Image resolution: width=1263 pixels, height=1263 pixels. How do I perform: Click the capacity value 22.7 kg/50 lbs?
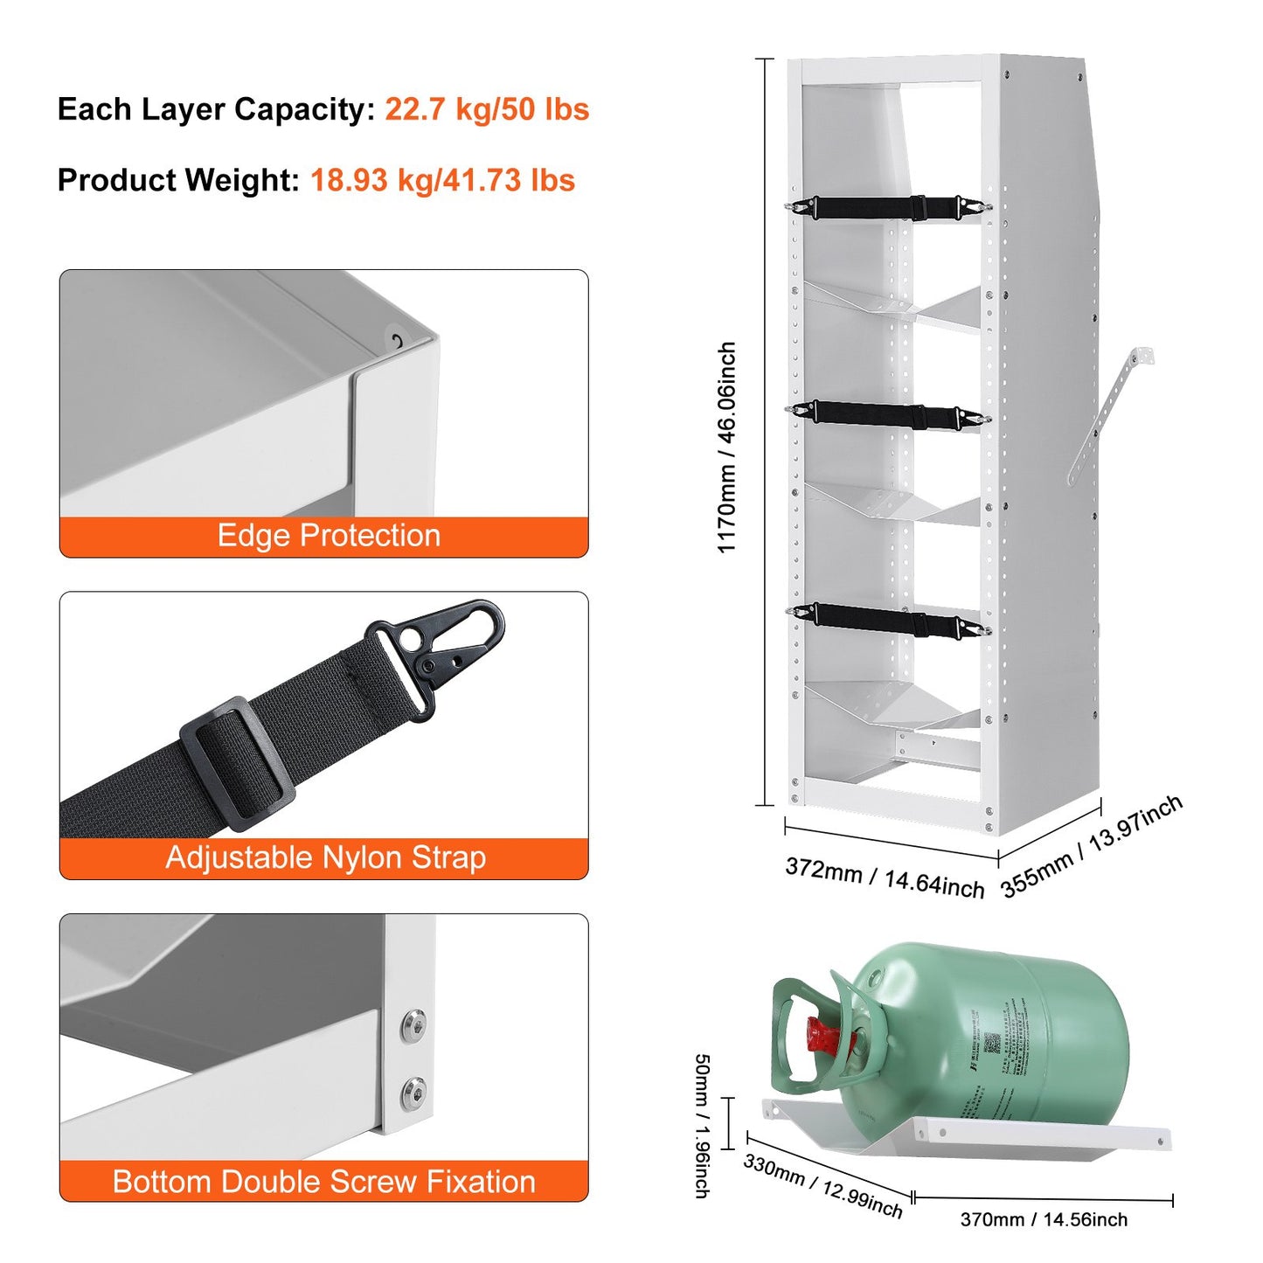487,109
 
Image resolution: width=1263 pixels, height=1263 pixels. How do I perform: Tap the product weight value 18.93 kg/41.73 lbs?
442,180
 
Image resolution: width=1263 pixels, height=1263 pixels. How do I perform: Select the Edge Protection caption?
328,536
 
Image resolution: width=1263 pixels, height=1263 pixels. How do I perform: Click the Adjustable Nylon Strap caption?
325,857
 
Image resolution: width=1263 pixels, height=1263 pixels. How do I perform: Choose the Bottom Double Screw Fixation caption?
323,1181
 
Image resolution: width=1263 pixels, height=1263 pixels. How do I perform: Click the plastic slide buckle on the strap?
236,762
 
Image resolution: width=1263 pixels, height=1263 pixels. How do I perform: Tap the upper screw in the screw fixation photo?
413,1026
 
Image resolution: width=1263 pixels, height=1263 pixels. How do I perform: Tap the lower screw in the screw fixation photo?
413,1094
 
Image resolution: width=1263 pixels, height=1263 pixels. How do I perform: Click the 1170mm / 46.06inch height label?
726,448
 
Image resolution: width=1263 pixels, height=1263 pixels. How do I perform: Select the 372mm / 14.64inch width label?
885,878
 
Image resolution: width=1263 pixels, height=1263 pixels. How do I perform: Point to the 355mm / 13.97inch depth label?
1092,846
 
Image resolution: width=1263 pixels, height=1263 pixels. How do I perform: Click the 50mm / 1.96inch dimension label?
702,1125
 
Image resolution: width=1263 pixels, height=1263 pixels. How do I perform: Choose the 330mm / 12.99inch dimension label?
822,1186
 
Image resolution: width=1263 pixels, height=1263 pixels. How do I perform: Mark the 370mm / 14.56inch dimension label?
1044,1219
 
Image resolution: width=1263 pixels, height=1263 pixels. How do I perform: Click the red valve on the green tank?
824,1037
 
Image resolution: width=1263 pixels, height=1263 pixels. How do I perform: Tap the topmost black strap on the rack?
887,208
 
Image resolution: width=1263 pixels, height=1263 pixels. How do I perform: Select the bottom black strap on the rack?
887,621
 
